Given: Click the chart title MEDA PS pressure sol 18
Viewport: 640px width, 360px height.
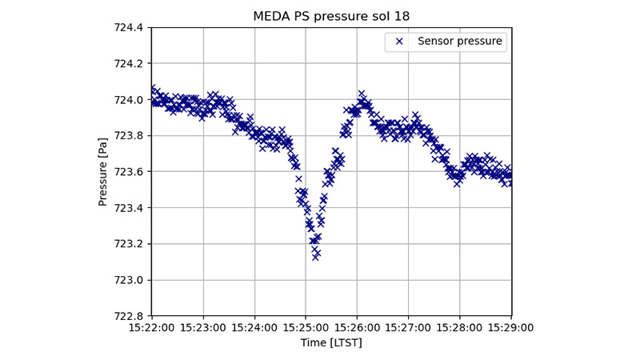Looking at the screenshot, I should coord(331,16).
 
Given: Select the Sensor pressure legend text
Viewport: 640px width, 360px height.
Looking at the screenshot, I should coord(460,41).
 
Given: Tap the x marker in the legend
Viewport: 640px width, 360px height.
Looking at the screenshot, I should coord(399,41).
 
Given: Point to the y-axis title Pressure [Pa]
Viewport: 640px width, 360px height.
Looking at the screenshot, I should coord(103,171).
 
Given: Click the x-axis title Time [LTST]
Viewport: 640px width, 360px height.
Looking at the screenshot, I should coord(331,342).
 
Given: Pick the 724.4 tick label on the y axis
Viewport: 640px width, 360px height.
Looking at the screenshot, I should coord(128,27).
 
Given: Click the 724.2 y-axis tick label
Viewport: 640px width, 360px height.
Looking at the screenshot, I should coord(128,63).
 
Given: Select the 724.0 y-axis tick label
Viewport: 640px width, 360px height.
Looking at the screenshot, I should coord(128,99).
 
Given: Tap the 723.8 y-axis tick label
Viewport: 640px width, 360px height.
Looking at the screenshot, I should coord(128,135).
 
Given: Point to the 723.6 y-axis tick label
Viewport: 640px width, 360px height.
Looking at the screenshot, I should coord(128,171).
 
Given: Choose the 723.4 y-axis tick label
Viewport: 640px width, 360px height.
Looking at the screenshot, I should coord(128,207).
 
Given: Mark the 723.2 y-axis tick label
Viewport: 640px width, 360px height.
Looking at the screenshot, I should coord(128,243).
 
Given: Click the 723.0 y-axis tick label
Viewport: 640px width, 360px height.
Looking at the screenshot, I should coord(128,280).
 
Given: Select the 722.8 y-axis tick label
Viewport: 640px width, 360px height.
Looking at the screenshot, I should coord(128,316).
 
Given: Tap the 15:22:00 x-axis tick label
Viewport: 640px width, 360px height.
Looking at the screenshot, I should coord(152,327).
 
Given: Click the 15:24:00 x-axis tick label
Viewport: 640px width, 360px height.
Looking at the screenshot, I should coord(254,327).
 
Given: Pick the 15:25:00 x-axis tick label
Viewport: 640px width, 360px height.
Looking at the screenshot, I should coord(306,327).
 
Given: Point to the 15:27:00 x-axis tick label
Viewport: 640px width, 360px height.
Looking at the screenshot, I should coord(408,327).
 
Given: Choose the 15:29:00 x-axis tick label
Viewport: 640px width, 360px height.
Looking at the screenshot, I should coord(510,327).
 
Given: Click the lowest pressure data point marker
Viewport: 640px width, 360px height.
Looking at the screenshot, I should coord(316,257).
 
